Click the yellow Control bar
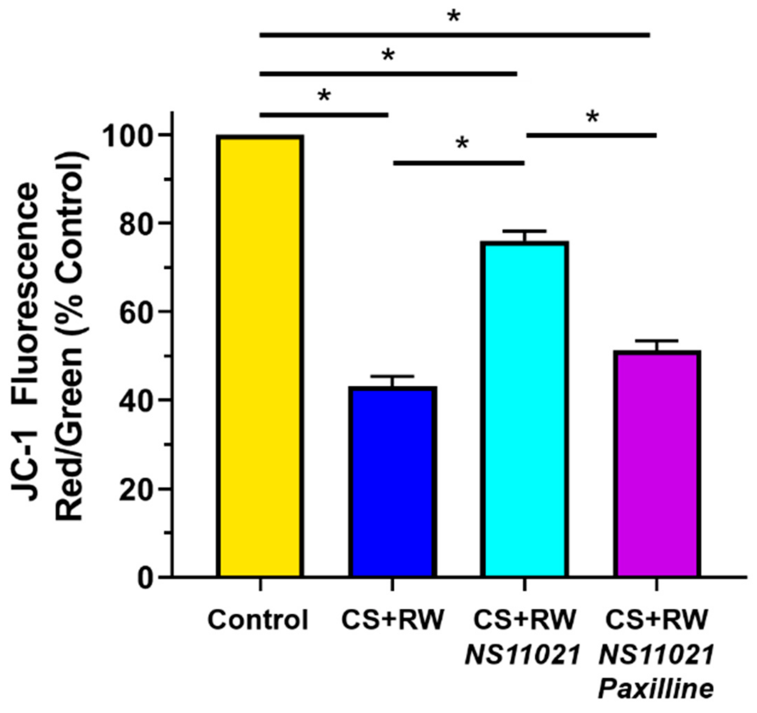coord(260,356)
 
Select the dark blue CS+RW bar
coord(392,482)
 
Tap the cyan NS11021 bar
coord(524,410)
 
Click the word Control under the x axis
coord(257,620)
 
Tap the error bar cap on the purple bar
coord(657,340)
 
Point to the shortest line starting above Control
coord(324,115)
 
